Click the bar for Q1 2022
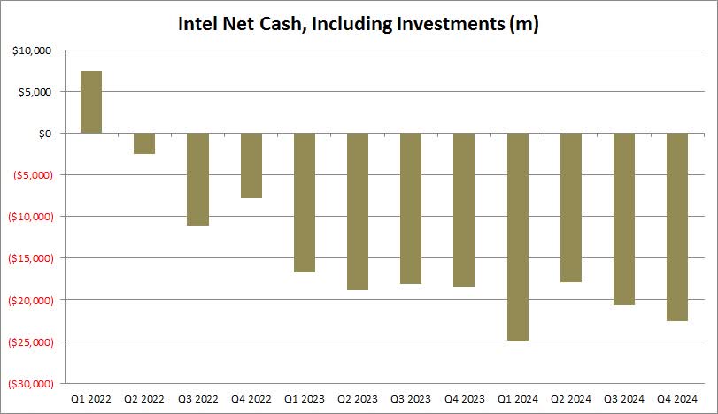tap(91, 102)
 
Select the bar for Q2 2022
tap(144, 143)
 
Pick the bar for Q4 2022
tap(251, 165)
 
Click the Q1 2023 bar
tap(305, 203)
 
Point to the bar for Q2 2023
tap(358, 211)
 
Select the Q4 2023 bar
tap(464, 210)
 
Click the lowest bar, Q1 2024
tap(518, 236)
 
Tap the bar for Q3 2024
tap(624, 218)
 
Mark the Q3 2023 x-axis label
tap(411, 399)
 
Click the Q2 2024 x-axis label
tap(571, 399)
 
